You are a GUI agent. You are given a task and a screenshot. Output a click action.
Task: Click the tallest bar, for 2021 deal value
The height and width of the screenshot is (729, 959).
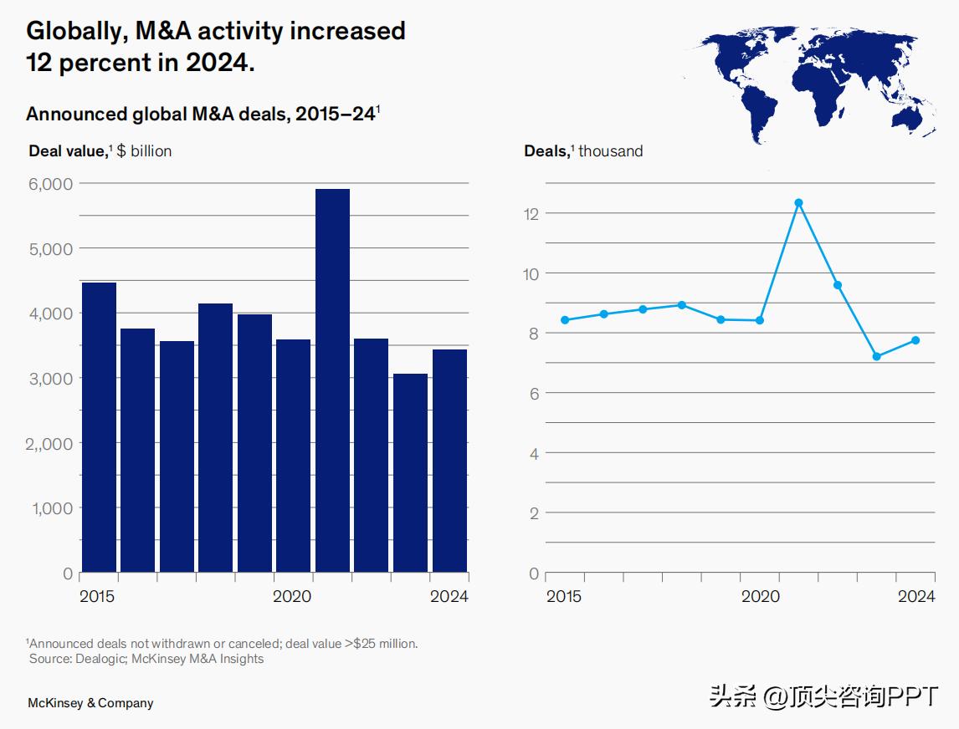click(332, 380)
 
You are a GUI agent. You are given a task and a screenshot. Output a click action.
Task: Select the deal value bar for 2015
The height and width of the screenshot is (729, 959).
click(99, 427)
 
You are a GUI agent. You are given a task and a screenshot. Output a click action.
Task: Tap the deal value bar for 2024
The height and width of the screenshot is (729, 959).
click(449, 461)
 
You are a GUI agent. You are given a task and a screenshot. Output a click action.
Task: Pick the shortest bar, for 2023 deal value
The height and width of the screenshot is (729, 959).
click(410, 473)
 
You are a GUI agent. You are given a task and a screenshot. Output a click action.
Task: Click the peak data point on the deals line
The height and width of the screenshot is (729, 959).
click(798, 203)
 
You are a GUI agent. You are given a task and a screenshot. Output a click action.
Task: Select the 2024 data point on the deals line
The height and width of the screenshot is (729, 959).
click(915, 340)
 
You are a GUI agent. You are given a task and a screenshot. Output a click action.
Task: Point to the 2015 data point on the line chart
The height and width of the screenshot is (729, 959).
click(565, 320)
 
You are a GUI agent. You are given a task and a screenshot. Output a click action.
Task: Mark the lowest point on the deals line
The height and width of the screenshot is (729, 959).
click(877, 357)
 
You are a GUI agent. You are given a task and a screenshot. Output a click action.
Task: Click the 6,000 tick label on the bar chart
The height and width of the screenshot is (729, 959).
click(51, 183)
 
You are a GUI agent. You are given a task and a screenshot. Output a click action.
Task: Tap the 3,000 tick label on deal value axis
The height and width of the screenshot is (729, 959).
click(51, 378)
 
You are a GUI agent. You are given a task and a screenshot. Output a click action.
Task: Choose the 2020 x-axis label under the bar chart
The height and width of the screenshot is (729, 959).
click(292, 597)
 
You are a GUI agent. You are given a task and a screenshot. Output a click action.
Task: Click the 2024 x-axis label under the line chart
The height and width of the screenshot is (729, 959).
click(916, 597)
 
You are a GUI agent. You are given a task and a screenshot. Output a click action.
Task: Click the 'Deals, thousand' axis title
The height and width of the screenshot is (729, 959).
click(583, 151)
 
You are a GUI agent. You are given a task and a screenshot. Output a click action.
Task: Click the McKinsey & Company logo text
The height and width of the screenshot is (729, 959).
click(90, 703)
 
